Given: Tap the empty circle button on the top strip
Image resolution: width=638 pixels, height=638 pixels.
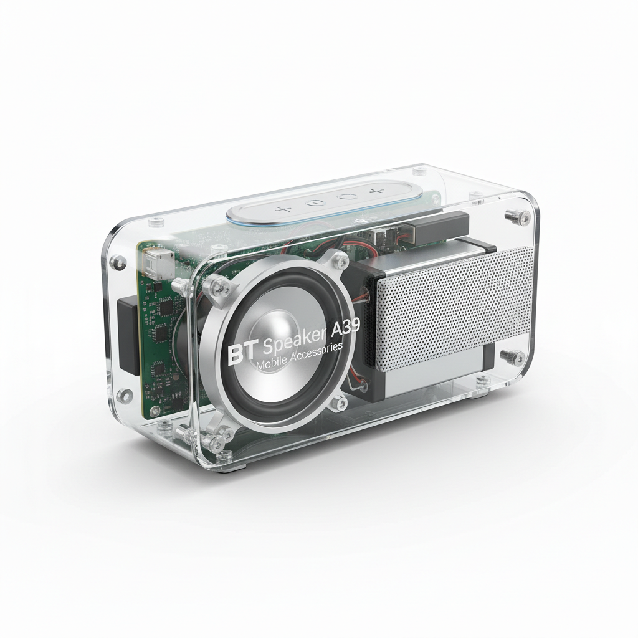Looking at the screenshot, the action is (x=346, y=197).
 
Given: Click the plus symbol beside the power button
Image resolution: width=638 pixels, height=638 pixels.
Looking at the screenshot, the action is (x=283, y=209).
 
